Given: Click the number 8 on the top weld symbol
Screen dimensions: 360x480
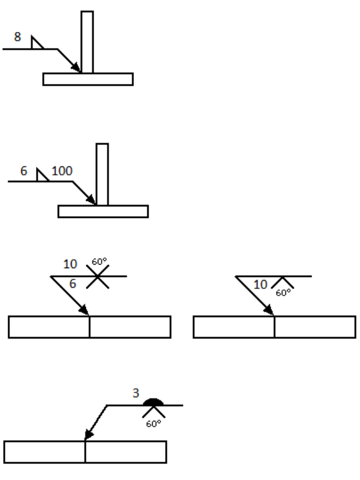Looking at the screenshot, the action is point(18,37).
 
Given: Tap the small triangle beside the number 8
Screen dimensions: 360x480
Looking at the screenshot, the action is point(36,43).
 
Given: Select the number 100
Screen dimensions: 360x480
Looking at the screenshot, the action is point(62,170).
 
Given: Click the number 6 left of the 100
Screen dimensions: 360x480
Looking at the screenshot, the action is point(24,170).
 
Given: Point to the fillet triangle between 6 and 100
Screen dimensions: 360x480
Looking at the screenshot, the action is point(41,176).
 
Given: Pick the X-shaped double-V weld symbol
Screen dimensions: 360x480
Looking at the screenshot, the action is point(98,276).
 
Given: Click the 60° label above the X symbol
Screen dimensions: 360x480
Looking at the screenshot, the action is point(98,260).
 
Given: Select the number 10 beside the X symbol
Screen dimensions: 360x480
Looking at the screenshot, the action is point(70,265).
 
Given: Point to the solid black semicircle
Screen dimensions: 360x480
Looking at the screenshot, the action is point(154,402).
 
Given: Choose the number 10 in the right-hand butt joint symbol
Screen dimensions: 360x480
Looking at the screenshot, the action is point(261,285).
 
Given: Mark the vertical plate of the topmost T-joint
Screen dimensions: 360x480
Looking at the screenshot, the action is point(87,41).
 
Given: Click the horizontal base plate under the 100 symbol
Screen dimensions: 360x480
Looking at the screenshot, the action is point(103,211).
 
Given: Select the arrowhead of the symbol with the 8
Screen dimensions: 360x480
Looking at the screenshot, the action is point(79,69).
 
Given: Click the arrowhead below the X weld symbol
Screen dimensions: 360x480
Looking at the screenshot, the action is point(85,311).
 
